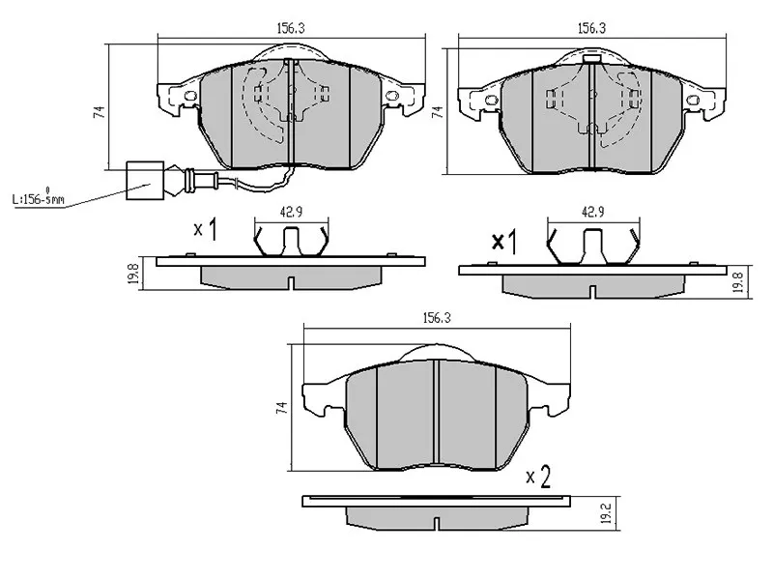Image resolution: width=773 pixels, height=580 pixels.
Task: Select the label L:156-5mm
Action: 38,199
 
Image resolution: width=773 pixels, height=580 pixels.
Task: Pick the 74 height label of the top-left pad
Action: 99,113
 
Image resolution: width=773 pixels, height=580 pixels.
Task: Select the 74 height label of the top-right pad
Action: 437,113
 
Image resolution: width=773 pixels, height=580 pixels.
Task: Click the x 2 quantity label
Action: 538,477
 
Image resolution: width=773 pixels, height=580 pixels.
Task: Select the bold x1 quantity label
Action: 504,243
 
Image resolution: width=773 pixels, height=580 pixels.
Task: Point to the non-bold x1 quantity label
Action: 205,230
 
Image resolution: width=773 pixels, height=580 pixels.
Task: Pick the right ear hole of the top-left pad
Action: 392,96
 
